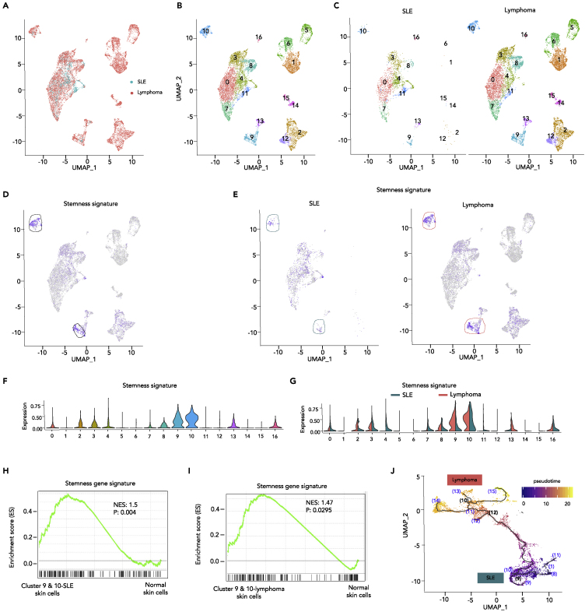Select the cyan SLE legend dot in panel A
pos(131,80)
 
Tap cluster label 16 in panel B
pos(258,37)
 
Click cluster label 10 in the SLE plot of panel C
pos(363,31)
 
